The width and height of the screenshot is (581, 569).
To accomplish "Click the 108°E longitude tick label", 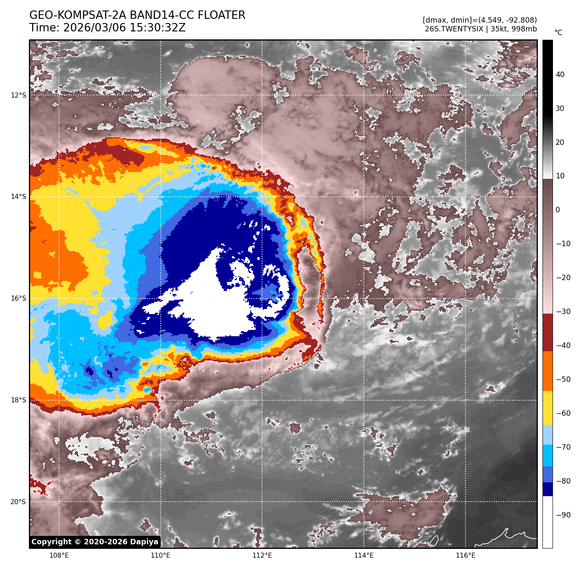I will pyautogui.click(x=59, y=556).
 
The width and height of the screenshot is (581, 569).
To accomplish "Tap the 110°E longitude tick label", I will pyautogui.click(x=160, y=556).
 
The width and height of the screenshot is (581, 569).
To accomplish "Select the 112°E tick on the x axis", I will pyautogui.click(x=262, y=556).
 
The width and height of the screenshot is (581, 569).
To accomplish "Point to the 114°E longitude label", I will pyautogui.click(x=364, y=556).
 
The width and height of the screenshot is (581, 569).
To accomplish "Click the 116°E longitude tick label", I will pyautogui.click(x=465, y=556).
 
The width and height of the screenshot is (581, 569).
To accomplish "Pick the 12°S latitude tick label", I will pyautogui.click(x=18, y=95).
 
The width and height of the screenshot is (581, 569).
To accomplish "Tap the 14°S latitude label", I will pyautogui.click(x=18, y=197).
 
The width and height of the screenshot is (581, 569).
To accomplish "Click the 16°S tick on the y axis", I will pyautogui.click(x=18, y=299).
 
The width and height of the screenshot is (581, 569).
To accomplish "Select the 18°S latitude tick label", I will pyautogui.click(x=18, y=400).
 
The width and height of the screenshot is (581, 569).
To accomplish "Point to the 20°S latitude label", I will pyautogui.click(x=18, y=502).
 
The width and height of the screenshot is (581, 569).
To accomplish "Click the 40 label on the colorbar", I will pyautogui.click(x=560, y=75).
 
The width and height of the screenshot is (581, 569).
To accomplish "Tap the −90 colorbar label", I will pyautogui.click(x=563, y=515).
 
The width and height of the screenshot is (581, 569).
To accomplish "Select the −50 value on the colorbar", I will pyautogui.click(x=563, y=379).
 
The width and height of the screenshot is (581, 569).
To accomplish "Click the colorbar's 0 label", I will pyautogui.click(x=558, y=210).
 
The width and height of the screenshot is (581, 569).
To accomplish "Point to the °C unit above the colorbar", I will pyautogui.click(x=558, y=33).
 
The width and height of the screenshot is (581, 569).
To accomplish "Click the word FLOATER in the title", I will pyautogui.click(x=221, y=15).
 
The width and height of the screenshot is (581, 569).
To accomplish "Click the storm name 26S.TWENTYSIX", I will pyautogui.click(x=454, y=29).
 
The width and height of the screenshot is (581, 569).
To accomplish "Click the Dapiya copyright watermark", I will pyautogui.click(x=95, y=542).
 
